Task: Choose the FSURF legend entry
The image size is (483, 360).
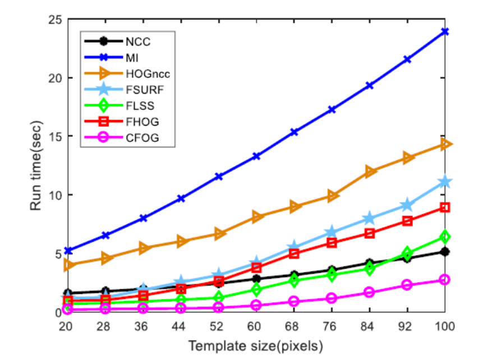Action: [x=139, y=89]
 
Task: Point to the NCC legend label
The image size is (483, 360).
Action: [x=136, y=41]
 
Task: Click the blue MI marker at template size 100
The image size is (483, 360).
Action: [x=445, y=31]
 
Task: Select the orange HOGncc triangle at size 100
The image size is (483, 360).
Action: [x=445, y=145]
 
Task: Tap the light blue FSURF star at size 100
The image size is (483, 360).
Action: [x=445, y=182]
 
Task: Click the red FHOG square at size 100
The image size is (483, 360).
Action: [x=445, y=207]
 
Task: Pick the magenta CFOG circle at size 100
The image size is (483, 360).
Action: [x=445, y=280]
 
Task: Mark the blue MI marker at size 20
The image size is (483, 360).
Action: [x=68, y=251]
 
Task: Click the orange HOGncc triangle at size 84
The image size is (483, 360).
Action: [x=370, y=172]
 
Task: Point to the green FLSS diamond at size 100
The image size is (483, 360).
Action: [x=445, y=237]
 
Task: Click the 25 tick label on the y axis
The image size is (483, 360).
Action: [x=54, y=19]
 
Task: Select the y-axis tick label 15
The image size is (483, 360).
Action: [x=54, y=136]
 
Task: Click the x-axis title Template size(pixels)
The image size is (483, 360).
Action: [x=256, y=344]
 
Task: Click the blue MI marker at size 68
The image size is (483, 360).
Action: [x=294, y=132]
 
